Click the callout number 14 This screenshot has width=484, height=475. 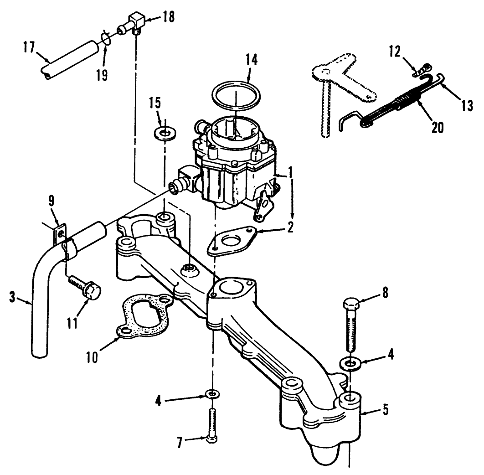click(x=251, y=59)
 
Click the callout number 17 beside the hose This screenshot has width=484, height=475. click(x=28, y=46)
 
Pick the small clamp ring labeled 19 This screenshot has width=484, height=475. click(x=106, y=38)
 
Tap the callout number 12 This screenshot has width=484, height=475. click(x=395, y=51)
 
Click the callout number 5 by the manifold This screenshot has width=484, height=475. click(x=386, y=409)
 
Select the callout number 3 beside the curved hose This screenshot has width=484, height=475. click(x=12, y=297)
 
